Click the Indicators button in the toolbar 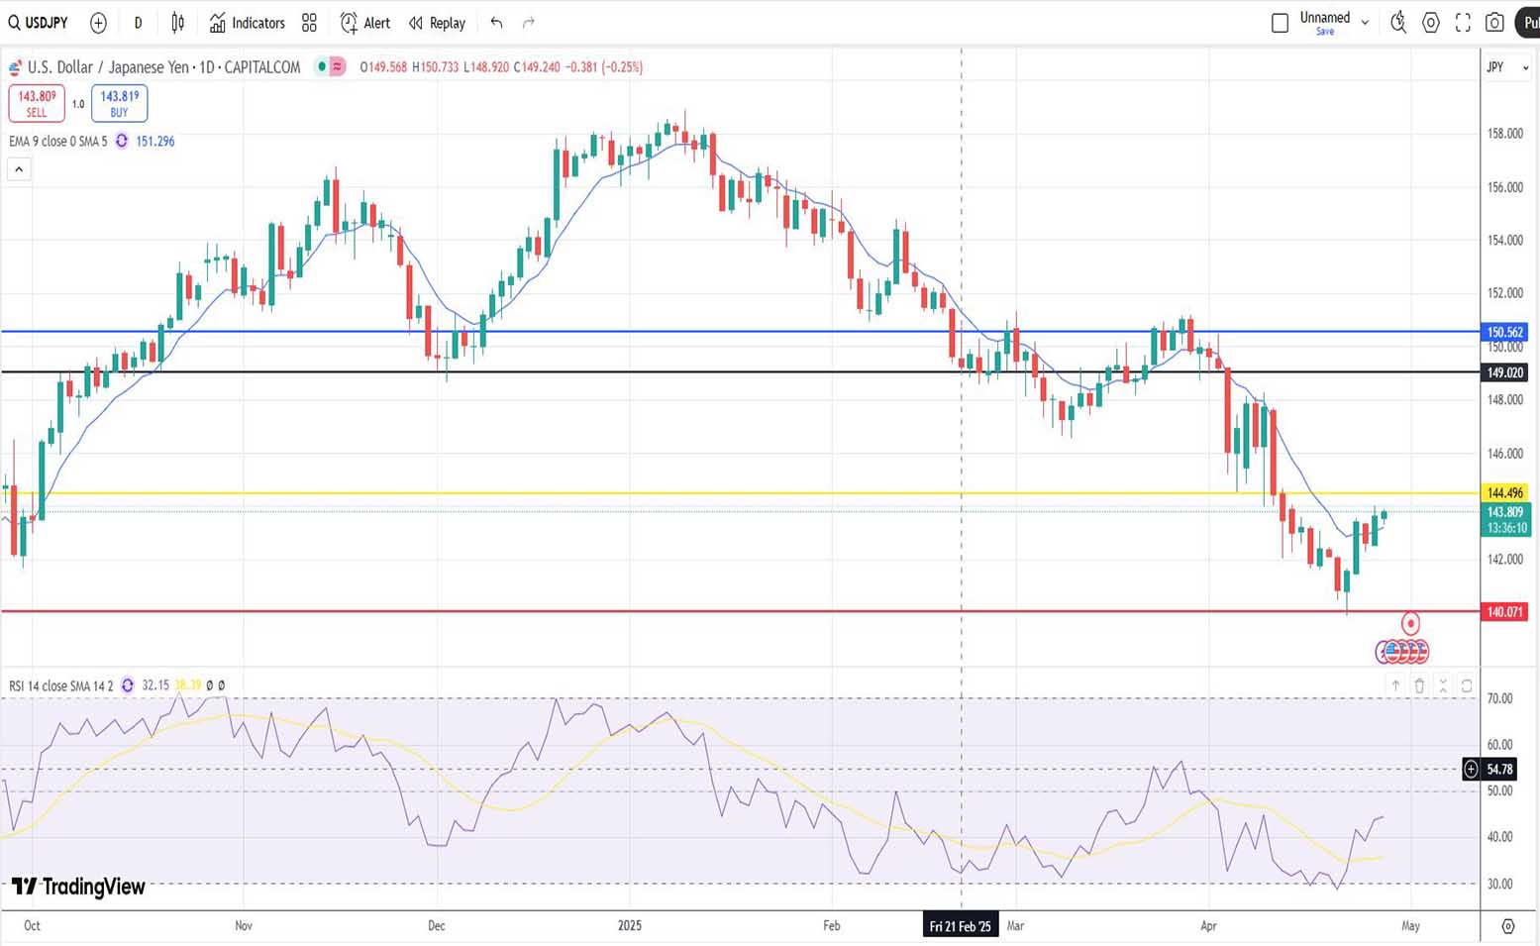248,23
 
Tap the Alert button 365,23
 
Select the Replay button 437,23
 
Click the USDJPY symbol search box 39,23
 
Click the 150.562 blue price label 1504,332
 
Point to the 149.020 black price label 1504,372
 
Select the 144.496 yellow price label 1504,492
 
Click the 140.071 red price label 1504,612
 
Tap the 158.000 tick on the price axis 1504,134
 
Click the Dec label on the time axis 436,926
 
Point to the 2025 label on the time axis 630,926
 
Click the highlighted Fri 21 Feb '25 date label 960,926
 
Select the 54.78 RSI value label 1499,769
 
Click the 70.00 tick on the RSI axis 1499,698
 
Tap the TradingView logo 78,887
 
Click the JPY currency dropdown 1506,67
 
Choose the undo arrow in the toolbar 496,23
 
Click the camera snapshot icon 1494,23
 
